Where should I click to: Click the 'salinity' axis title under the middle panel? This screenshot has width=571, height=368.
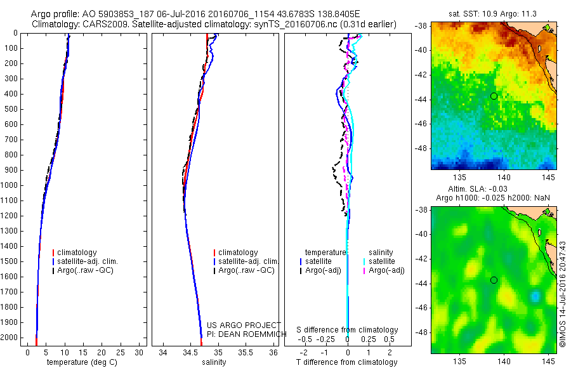pyautogui.click(x=213, y=362)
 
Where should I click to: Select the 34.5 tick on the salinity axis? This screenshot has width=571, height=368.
pyautogui.click(x=190, y=352)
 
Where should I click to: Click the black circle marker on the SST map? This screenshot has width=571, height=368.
pyautogui.click(x=494, y=96)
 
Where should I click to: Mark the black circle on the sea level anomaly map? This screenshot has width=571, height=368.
pyautogui.click(x=494, y=280)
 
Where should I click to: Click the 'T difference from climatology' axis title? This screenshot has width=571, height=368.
pyautogui.click(x=346, y=362)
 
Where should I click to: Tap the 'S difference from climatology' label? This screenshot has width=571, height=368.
pyautogui.click(x=347, y=330)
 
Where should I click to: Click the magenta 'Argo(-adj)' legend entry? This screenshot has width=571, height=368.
pyautogui.click(x=387, y=270)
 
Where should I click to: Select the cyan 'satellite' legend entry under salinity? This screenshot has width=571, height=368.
pyautogui.click(x=381, y=261)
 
